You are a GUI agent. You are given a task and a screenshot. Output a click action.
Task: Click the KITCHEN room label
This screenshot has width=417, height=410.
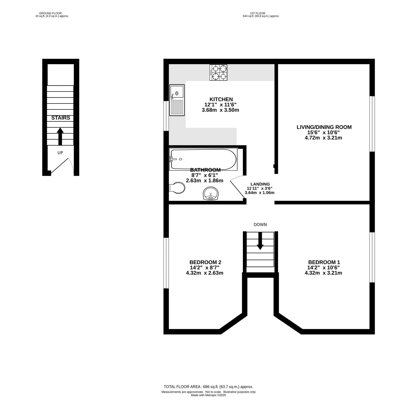point(221,99)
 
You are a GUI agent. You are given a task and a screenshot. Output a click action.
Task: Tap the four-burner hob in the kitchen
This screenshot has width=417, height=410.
point(218,72)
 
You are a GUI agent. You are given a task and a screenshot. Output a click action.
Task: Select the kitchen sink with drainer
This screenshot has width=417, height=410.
point(177,100)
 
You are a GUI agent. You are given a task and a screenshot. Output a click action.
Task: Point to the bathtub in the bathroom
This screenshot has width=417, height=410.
point(203,160)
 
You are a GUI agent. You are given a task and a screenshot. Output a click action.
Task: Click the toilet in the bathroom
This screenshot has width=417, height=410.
point(177,188)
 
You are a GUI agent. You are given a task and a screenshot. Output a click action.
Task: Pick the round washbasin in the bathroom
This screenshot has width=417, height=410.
point(211,194)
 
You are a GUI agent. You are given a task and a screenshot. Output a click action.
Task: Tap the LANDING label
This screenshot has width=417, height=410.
point(260,184)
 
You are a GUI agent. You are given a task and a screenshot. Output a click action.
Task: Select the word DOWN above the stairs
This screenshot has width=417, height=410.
point(260,224)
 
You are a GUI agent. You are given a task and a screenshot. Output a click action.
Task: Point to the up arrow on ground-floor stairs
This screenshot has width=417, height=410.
point(60,136)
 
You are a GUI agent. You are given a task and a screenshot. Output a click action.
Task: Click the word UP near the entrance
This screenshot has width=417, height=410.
point(60,153)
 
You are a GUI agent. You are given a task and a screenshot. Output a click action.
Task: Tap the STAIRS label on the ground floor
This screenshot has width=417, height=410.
point(61,118)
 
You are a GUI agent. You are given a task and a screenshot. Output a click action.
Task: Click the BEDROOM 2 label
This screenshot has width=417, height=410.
point(205,262)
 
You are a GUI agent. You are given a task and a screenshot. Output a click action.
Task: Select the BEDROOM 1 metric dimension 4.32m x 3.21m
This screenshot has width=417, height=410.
point(323,273)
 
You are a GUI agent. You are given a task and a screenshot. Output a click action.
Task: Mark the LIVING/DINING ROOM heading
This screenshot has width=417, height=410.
point(324,127)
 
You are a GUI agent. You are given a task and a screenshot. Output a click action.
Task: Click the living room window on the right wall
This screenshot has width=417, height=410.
point(372,124)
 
